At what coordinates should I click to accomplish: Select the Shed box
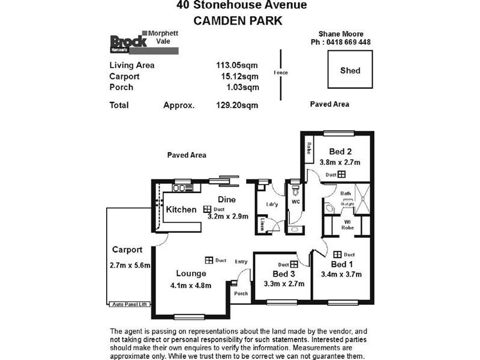click(350, 70)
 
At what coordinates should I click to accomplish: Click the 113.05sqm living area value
click(237, 65)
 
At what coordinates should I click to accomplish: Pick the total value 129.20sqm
click(237, 105)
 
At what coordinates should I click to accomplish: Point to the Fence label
click(281, 73)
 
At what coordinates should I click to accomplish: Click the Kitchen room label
click(181, 209)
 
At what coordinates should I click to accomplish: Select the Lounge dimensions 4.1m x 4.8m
click(191, 285)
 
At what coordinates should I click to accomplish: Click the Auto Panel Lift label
click(129, 305)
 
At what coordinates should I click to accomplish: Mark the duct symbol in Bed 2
click(341, 174)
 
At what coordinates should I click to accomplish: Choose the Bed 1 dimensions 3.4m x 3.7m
click(341, 275)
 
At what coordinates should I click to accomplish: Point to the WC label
click(295, 202)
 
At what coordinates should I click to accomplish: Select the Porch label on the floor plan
click(241, 293)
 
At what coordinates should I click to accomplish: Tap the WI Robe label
click(347, 225)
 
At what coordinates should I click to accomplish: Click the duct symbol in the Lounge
click(209, 260)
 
